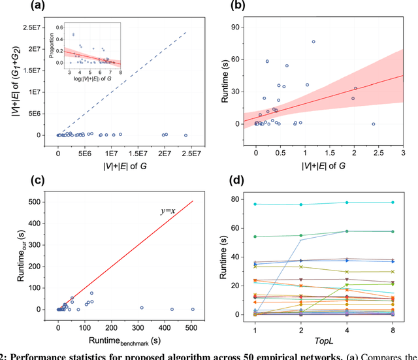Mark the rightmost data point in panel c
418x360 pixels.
click(193, 309)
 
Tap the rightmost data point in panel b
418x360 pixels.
click(374, 123)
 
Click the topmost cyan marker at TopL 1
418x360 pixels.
click(255, 205)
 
